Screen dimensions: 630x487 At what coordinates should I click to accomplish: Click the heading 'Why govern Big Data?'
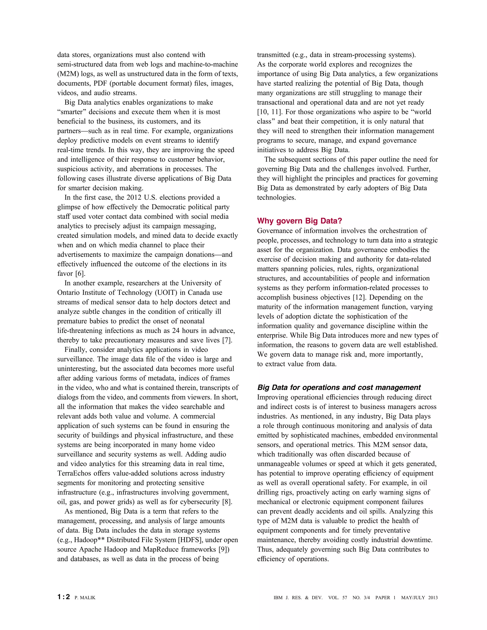tap(299, 221)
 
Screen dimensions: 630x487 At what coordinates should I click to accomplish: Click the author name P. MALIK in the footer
tap(85, 598)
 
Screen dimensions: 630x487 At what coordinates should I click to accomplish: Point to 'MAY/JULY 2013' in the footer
tap(419, 598)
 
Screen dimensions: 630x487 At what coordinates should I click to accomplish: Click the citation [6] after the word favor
tap(81, 273)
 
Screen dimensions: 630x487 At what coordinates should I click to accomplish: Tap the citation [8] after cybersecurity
tap(227, 502)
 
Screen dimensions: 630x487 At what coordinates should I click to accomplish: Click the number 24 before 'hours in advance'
tap(176, 331)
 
